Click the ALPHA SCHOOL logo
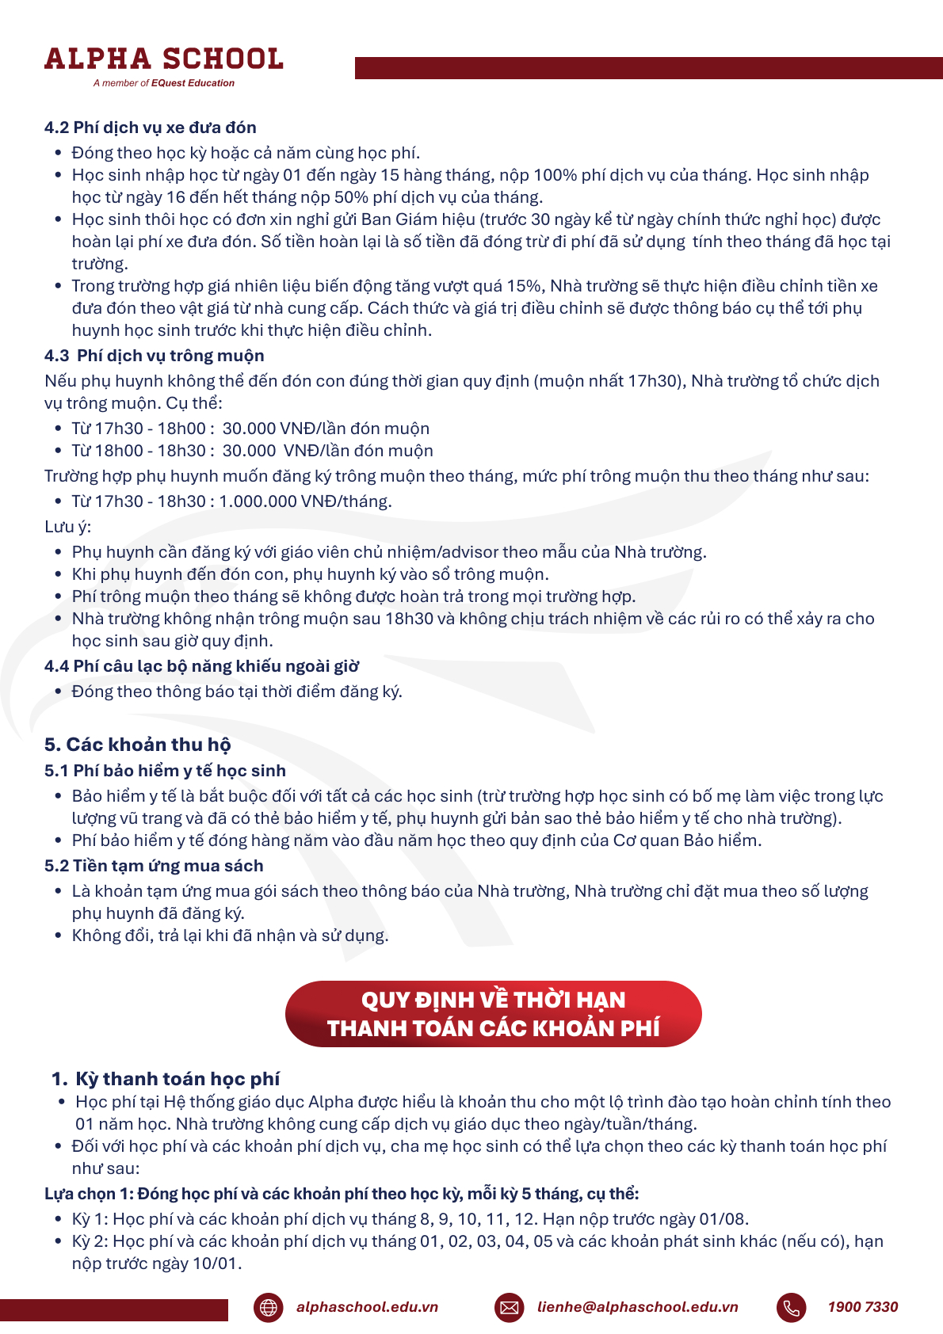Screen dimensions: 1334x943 click(163, 59)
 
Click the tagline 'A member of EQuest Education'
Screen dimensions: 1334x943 click(163, 83)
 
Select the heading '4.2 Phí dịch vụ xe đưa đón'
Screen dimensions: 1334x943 click(151, 128)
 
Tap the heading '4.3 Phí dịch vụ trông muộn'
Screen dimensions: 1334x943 click(155, 356)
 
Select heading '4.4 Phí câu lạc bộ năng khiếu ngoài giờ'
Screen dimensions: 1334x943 click(202, 666)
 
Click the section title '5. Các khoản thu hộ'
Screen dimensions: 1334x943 click(138, 745)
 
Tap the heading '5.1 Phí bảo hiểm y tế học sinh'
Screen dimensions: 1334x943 click(165, 771)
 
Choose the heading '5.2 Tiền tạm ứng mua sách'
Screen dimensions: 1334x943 click(154, 866)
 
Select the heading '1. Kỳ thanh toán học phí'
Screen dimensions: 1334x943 click(166, 1079)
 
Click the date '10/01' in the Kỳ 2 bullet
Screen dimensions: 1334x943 click(215, 1263)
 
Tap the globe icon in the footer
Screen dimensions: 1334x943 click(269, 1307)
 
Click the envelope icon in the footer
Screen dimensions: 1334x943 click(510, 1307)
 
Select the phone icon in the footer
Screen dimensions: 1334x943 click(791, 1307)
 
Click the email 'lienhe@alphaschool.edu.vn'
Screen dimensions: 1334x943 click(638, 1307)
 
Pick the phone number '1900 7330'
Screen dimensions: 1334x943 click(863, 1307)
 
